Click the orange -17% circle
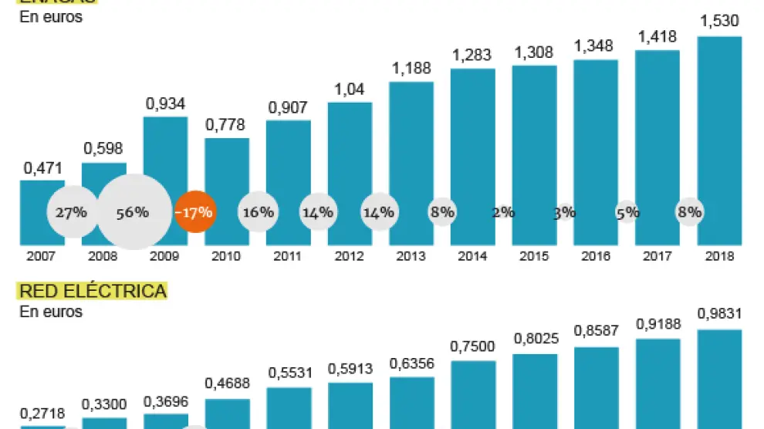tap(194, 212)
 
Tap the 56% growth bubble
tap(133, 212)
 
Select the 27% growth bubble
tap(70, 212)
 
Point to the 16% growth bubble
tap(257, 212)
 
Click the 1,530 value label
tap(718, 21)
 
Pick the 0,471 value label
tap(42, 166)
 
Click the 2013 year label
tap(411, 256)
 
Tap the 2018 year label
tap(718, 256)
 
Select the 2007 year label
tap(42, 256)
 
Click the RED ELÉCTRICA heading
tap(93, 291)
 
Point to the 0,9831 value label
tap(718, 314)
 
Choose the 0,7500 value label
tap(472, 346)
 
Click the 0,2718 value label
tap(42, 413)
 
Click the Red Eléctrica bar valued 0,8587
tap(596, 386)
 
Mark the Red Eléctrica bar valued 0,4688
tap(226, 413)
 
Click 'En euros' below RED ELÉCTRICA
tap(51, 312)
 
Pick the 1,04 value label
tap(349, 89)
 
